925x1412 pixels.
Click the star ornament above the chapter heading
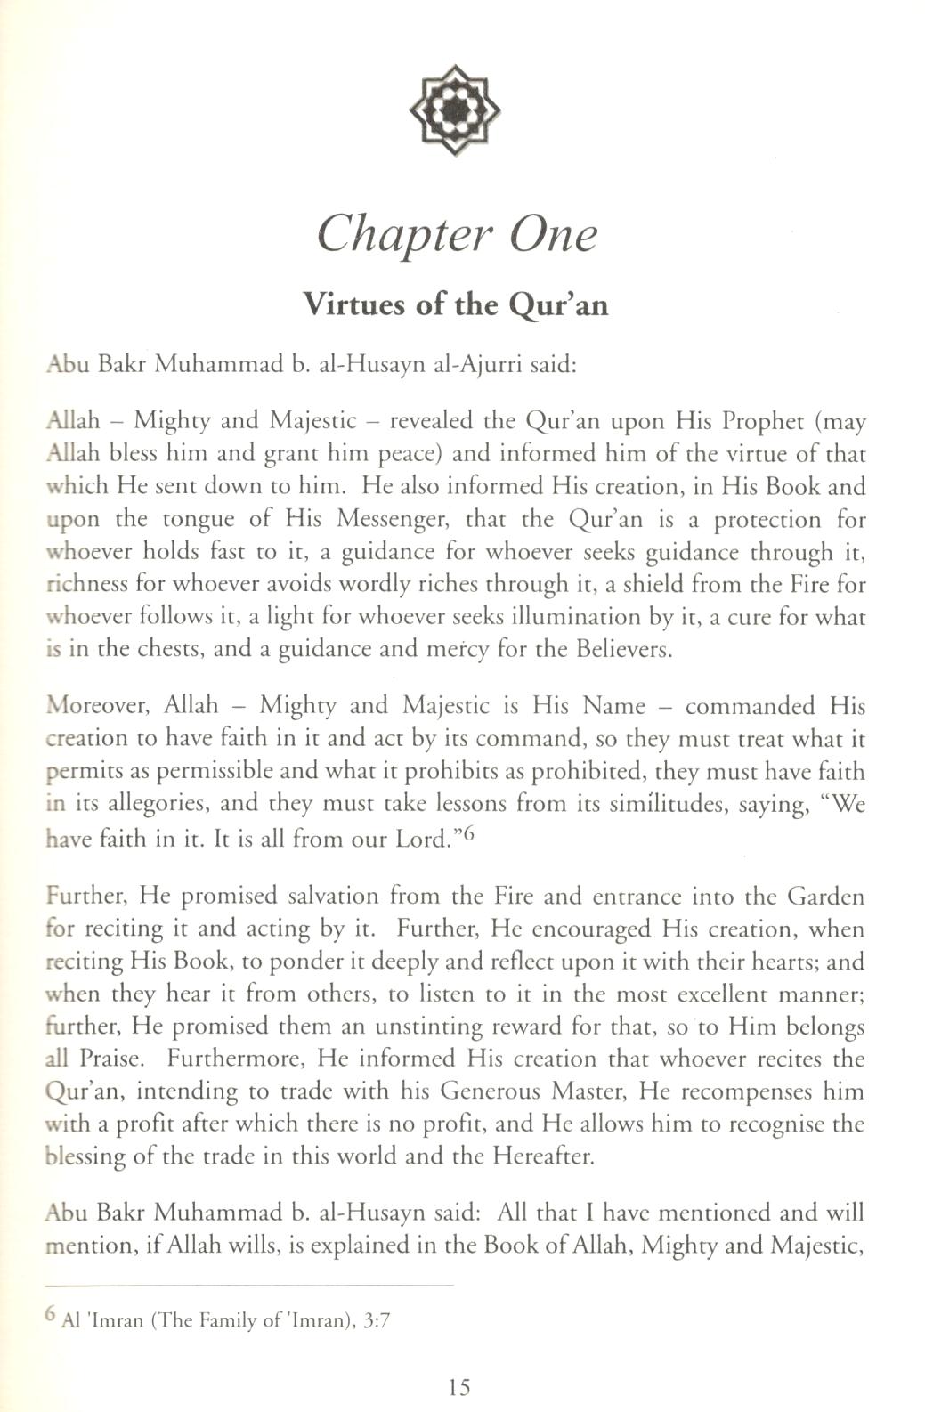[454, 110]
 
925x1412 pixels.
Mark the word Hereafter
[534, 1156]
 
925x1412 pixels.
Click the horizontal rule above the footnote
[249, 1286]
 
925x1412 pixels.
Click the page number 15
[459, 1386]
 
